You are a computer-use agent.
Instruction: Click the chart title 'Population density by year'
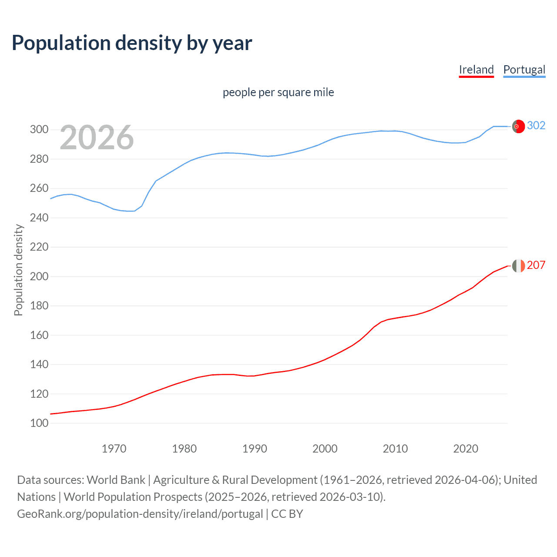point(132,43)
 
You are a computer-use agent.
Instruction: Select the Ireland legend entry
point(476,70)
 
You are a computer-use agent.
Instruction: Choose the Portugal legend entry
point(524,70)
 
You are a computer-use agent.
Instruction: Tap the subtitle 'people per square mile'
point(278,92)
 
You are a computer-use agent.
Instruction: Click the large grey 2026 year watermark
point(97,138)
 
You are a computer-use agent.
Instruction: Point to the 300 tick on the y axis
point(39,130)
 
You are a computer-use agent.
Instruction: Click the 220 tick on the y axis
point(39,247)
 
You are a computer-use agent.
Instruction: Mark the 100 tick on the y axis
point(39,423)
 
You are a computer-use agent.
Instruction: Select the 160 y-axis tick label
point(39,335)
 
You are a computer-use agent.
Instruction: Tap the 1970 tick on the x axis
point(114,449)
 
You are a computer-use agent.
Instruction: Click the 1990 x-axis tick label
point(255,449)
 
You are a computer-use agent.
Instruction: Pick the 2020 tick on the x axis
point(466,449)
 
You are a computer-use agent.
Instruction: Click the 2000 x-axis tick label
point(325,449)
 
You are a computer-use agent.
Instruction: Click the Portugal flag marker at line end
point(518,126)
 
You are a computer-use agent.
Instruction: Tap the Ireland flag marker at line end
point(518,265)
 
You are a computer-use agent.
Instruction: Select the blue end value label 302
point(536,126)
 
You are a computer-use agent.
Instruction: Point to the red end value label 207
point(536,265)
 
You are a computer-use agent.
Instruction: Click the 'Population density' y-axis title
point(18,270)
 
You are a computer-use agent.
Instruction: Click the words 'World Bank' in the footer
point(116,480)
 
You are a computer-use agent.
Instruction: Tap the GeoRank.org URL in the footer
point(140,514)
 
